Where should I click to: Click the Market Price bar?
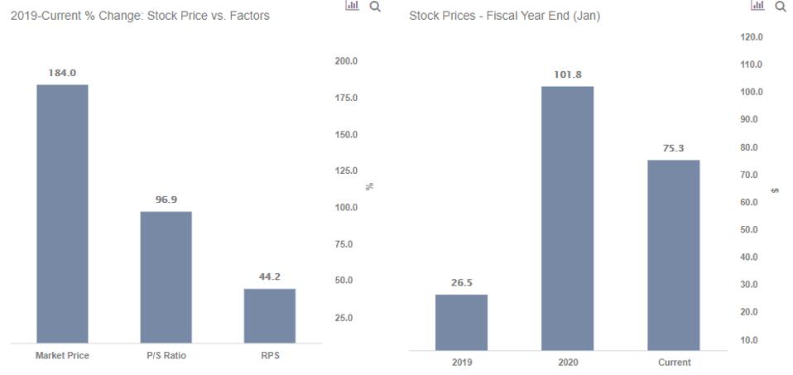[x=62, y=214]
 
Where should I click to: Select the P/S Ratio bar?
[x=166, y=276]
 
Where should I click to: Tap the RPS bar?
[x=269, y=315]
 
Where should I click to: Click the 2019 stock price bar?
[x=461, y=322]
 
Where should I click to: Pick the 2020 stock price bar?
[x=567, y=218]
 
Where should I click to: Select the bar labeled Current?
[x=673, y=254]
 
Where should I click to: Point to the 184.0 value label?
[x=62, y=73]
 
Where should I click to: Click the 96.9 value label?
[x=166, y=200]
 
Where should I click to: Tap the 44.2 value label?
[x=270, y=276]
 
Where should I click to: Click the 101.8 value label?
[x=567, y=75]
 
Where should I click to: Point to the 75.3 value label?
[x=674, y=148]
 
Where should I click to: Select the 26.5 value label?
[x=461, y=282]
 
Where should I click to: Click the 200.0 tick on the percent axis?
[x=345, y=61]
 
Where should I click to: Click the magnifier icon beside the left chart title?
[x=375, y=7]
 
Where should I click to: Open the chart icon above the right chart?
[x=757, y=7]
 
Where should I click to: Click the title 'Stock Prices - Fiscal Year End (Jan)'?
[x=504, y=16]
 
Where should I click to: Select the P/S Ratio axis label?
[x=166, y=355]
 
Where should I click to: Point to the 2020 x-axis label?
[x=568, y=363]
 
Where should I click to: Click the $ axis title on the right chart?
[x=775, y=190]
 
